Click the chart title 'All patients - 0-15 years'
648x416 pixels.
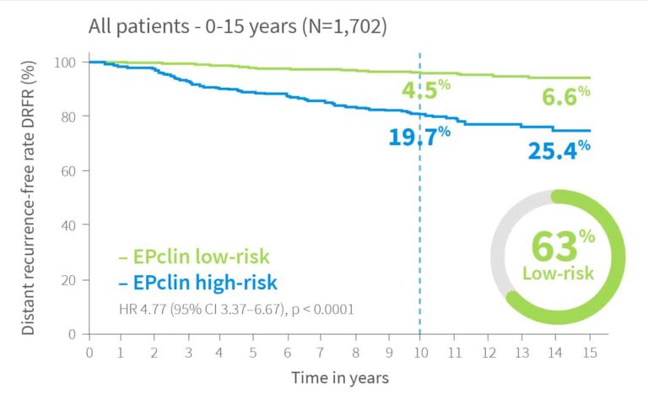point(192,26)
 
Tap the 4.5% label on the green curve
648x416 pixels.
point(426,89)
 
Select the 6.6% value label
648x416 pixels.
point(566,96)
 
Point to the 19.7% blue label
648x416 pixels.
point(419,137)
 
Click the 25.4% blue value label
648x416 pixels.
point(559,150)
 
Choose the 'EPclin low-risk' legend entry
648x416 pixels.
point(194,257)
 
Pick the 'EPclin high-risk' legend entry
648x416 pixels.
point(198,283)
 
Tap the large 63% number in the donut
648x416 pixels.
point(563,246)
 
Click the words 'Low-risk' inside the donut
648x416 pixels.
point(558,273)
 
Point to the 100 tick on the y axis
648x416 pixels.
point(65,62)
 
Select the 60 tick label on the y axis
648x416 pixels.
point(68,171)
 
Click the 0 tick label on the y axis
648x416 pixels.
point(72,334)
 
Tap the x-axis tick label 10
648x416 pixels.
point(421,353)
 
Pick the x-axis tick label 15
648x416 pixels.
point(590,353)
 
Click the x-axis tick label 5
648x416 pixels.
point(253,353)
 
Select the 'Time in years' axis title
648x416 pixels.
point(340,378)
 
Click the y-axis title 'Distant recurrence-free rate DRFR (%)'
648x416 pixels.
point(28,198)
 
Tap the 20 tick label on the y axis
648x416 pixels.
point(68,280)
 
